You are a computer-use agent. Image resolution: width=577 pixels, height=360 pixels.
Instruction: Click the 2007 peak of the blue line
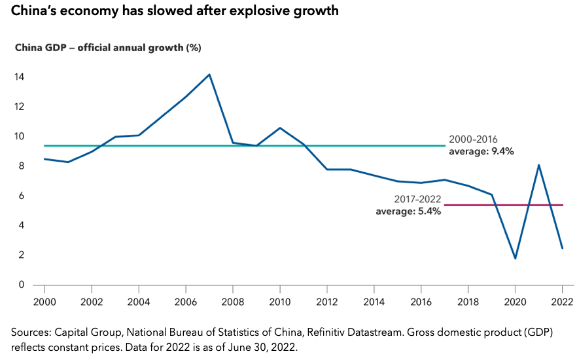(209, 75)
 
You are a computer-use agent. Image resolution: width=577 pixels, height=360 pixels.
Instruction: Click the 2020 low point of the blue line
(515, 258)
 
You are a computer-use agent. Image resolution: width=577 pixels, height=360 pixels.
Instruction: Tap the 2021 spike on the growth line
(538, 165)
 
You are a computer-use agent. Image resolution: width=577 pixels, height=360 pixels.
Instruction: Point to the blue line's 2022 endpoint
(562, 247)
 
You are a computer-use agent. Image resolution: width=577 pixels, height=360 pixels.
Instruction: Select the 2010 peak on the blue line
(280, 128)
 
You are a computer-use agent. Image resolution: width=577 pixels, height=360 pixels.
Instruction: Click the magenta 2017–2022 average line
(504, 205)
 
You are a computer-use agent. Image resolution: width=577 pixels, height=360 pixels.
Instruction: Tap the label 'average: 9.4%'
(481, 151)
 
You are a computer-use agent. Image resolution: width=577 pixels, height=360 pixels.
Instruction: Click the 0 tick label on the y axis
(22, 285)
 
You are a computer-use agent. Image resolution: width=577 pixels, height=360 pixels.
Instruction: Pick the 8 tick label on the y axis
(22, 166)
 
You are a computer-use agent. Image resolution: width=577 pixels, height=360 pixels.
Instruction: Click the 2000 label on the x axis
(44, 303)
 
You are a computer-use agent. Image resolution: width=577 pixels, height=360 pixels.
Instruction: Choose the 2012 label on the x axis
(327, 303)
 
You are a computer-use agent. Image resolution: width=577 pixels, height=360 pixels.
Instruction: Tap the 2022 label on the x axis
(562, 303)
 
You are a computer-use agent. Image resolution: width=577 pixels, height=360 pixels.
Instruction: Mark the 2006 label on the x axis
(186, 303)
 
